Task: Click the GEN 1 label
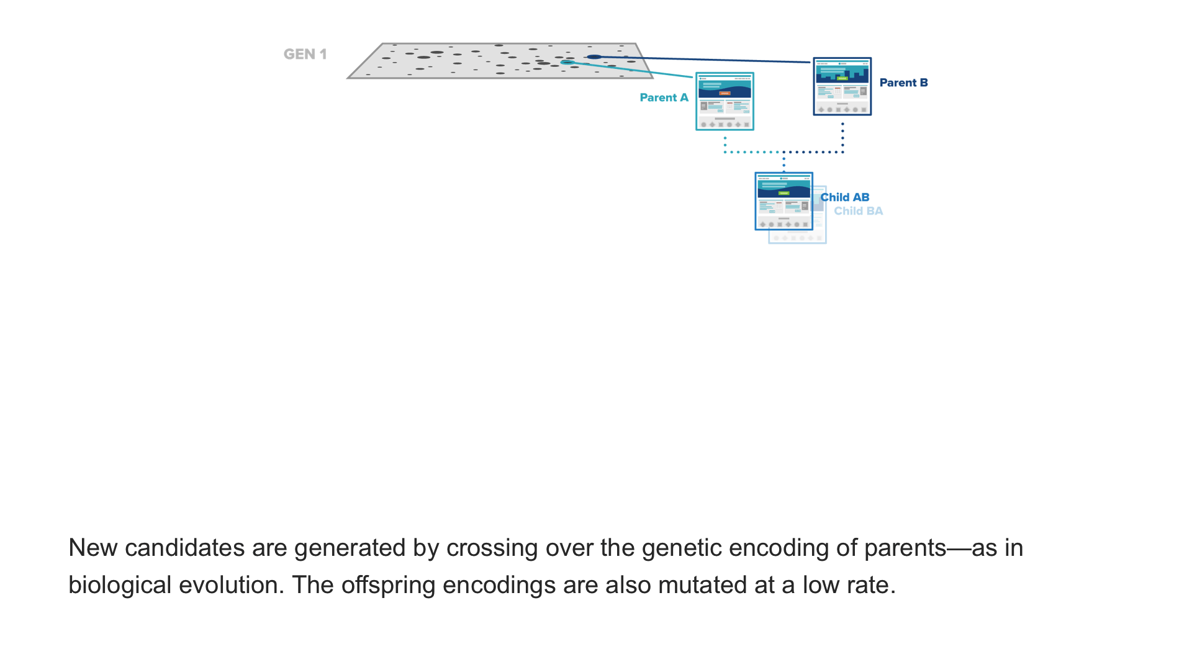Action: point(305,55)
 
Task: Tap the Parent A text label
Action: point(664,98)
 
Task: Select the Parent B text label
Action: point(903,83)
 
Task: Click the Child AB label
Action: point(845,197)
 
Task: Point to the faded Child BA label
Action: point(858,212)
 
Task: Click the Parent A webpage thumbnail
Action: point(725,102)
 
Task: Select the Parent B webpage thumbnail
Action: point(842,86)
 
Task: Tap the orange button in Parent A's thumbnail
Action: point(725,93)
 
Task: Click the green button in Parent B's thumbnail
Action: point(842,78)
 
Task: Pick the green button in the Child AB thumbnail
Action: point(783,193)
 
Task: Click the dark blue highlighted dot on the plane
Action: point(594,57)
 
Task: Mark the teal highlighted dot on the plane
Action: point(567,63)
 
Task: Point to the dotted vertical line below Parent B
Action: point(842,136)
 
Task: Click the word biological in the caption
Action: point(119,586)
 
